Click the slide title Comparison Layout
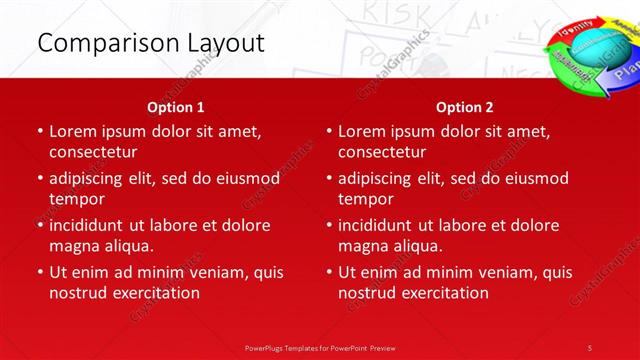pos(150,43)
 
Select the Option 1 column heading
pos(176,107)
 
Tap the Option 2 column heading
pos(465,107)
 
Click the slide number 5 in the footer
pos(590,347)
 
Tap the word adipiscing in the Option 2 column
pos(380,178)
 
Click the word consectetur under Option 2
pos(382,152)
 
